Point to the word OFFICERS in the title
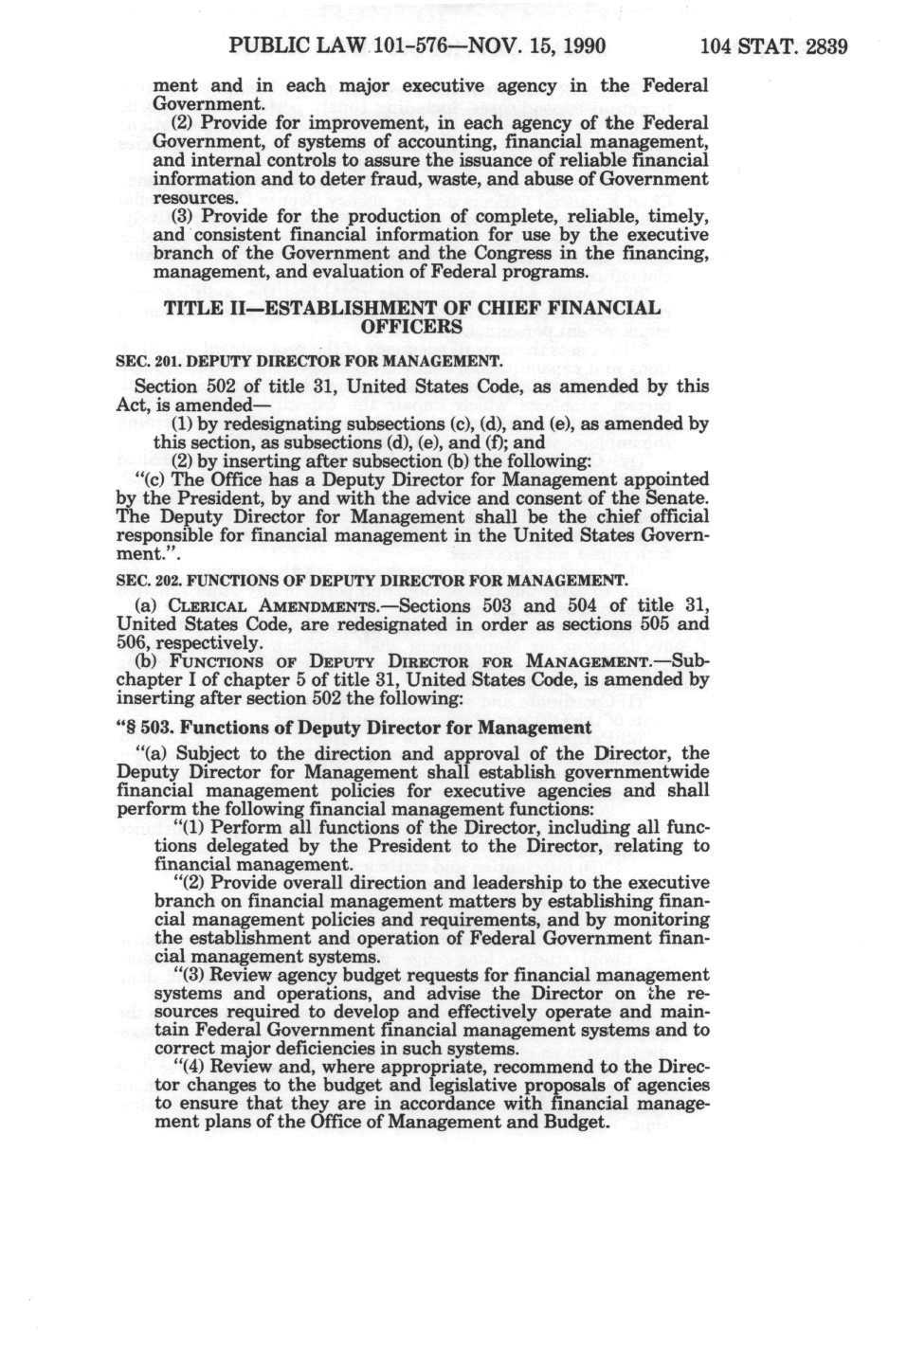point(411,327)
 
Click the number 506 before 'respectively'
point(134,642)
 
